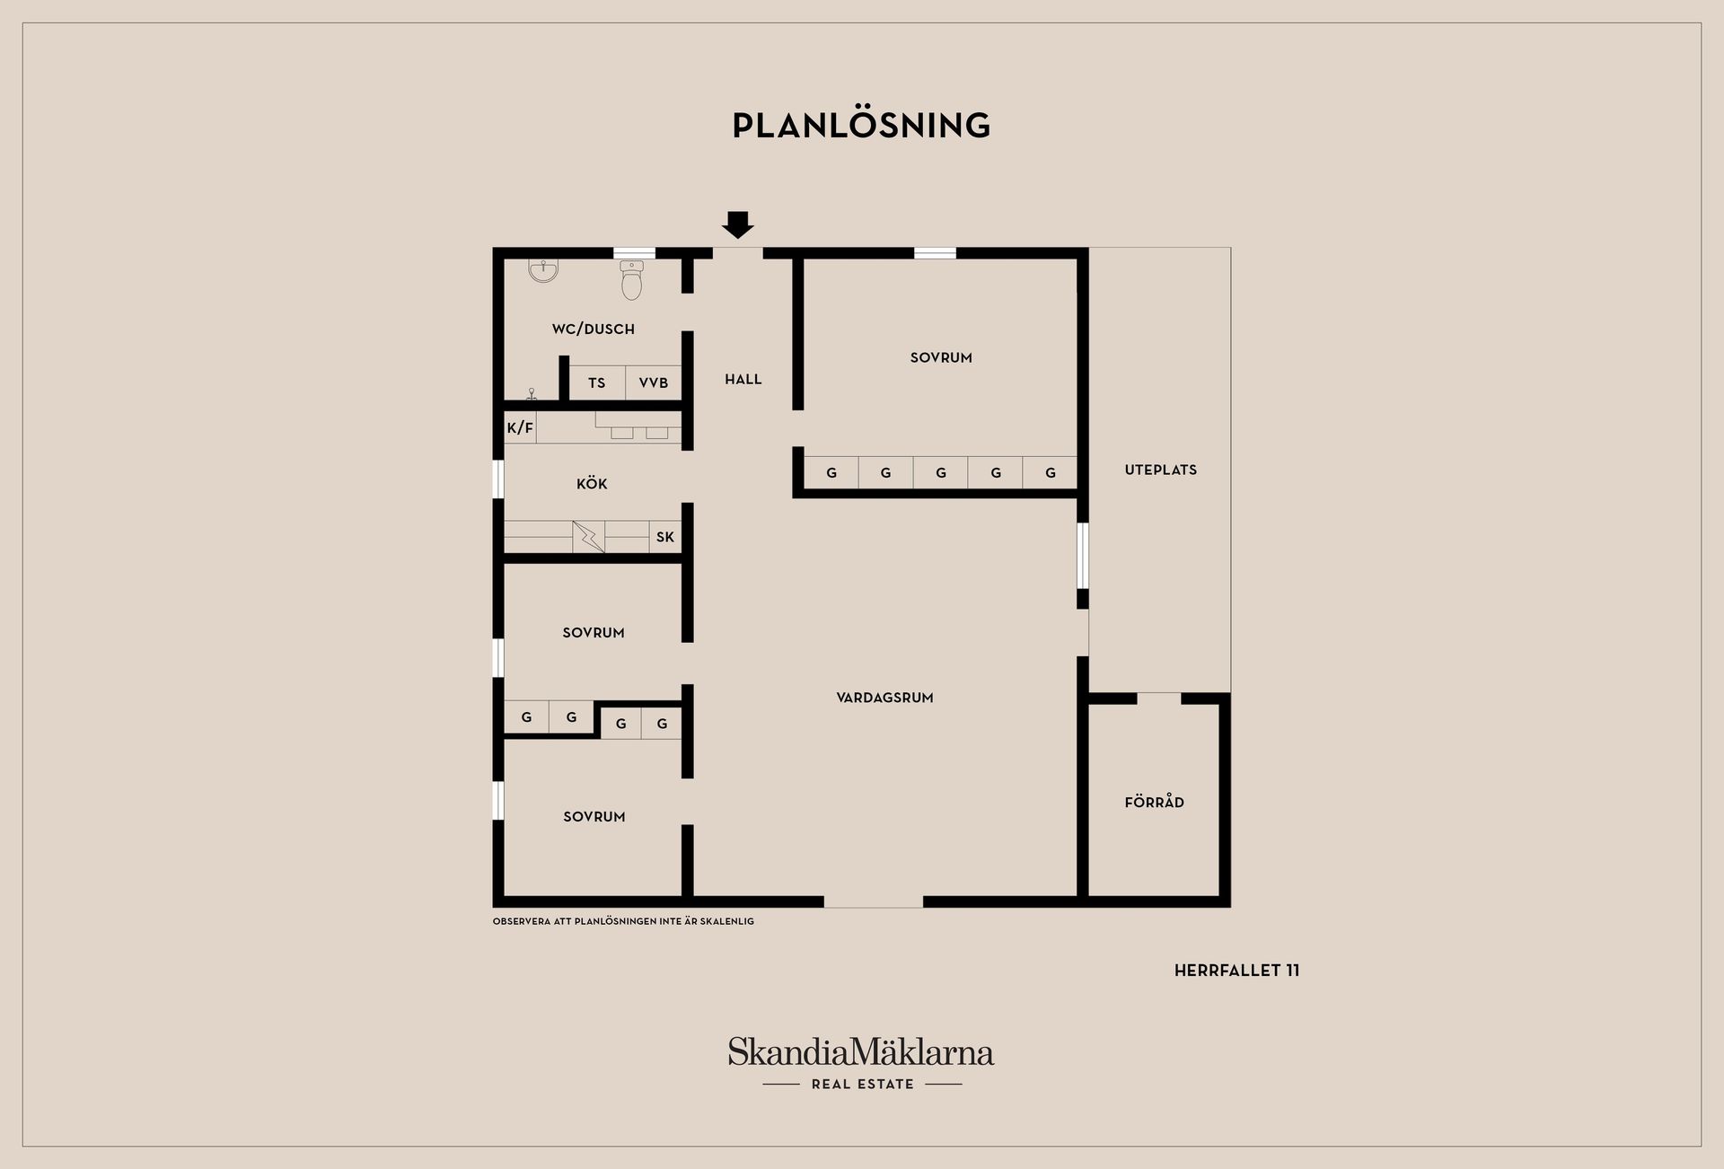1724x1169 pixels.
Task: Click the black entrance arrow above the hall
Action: pos(738,224)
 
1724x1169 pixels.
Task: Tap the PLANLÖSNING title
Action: pos(861,126)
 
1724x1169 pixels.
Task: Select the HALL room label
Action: pos(743,380)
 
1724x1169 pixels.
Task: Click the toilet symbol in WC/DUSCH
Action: pos(632,280)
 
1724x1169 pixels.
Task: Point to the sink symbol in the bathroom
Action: pos(543,270)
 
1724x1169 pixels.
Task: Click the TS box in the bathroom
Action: pos(597,382)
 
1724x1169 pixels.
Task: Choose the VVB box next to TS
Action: pos(654,382)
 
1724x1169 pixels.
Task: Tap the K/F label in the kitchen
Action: pos(520,428)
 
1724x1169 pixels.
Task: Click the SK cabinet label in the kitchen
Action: pos(665,537)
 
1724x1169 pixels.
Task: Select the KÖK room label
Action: pos(592,484)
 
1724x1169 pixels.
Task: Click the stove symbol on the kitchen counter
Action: pos(589,537)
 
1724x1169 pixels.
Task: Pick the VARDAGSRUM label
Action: pos(885,698)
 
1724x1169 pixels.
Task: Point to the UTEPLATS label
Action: pos(1161,470)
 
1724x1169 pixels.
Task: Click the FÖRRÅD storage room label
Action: pos(1155,802)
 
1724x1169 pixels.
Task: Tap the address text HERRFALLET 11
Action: pos(1237,971)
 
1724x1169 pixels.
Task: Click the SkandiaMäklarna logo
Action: pos(861,1052)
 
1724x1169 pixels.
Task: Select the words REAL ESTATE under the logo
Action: pos(863,1085)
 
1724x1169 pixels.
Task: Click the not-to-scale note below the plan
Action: pos(623,921)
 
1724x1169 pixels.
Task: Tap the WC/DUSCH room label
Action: pos(594,330)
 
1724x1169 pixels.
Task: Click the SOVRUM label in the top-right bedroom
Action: pos(941,357)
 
